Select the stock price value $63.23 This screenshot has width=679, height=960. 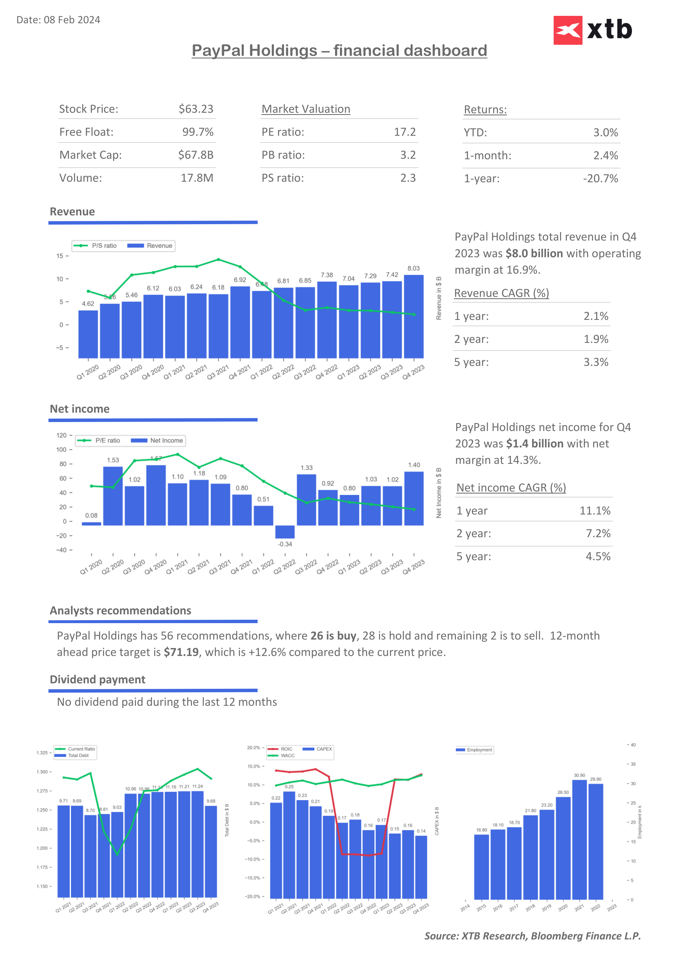tap(196, 109)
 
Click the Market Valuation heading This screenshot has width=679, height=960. tap(306, 109)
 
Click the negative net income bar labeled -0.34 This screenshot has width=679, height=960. tap(285, 532)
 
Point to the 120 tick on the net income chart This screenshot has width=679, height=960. tap(62, 436)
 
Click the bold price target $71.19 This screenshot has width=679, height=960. tap(181, 652)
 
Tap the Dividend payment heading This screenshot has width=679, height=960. tap(97, 679)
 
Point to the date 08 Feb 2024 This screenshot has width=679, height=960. tap(72, 20)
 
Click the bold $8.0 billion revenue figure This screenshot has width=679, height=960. tap(534, 253)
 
